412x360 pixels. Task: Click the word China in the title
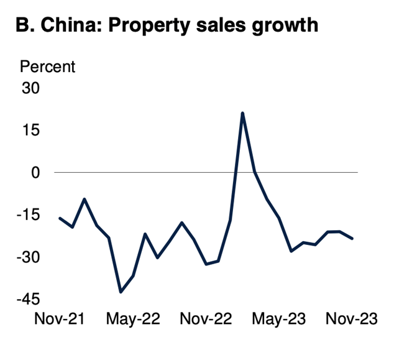[71, 25]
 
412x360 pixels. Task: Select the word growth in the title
[285, 26]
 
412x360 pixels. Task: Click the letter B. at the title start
[25, 25]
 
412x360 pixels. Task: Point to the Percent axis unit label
[48, 67]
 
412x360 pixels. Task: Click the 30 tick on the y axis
[30, 88]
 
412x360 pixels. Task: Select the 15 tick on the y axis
[31, 130]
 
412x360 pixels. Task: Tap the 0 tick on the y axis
[35, 173]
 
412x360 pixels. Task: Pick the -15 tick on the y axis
[29, 215]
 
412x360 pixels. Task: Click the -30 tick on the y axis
[29, 257]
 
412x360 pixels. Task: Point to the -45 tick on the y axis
[29, 300]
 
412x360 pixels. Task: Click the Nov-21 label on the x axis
[60, 319]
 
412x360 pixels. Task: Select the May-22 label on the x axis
[133, 320]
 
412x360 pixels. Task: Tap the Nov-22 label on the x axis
[206, 319]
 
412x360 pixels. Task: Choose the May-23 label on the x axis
[279, 320]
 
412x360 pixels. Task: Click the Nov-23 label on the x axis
[352, 319]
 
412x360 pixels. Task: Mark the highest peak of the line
[242, 113]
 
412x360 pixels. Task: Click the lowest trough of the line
[121, 292]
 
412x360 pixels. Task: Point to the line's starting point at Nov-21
[60, 218]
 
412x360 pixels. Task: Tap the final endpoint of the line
[352, 238]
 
